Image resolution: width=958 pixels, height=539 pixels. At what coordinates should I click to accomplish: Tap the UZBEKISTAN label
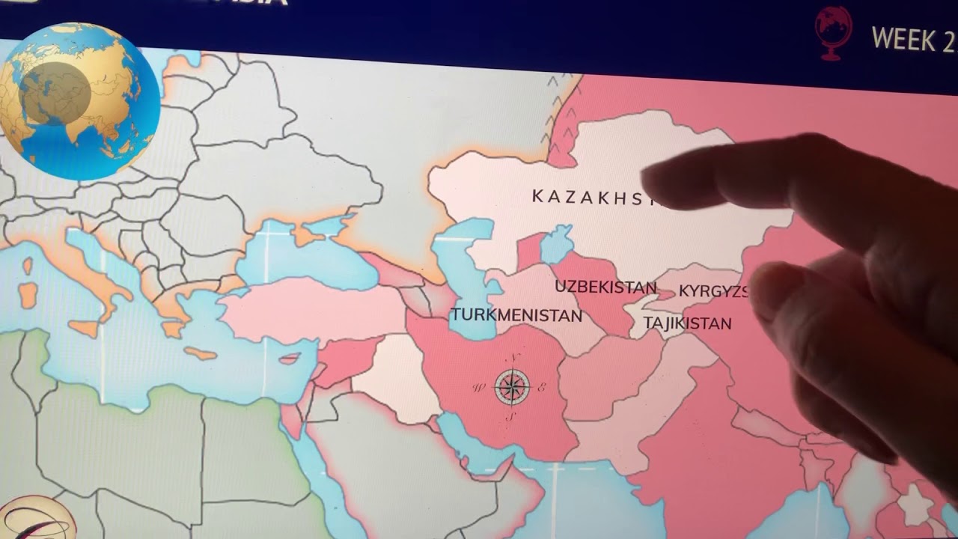[x=605, y=287]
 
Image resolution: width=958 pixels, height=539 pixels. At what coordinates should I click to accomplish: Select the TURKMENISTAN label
[x=516, y=315]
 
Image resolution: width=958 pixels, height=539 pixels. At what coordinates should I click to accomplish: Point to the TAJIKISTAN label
[x=687, y=324]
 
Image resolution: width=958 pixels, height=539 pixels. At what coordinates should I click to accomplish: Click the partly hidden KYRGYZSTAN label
[x=713, y=291]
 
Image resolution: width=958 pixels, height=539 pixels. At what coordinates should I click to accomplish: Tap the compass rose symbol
[x=511, y=387]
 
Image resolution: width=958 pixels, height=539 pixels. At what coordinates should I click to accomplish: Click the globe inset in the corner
[x=79, y=101]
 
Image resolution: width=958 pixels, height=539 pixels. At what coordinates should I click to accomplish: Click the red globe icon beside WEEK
[x=834, y=32]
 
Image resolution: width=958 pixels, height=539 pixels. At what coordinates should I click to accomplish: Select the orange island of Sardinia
[x=28, y=295]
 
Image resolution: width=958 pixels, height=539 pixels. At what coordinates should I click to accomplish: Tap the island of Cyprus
[x=290, y=359]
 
